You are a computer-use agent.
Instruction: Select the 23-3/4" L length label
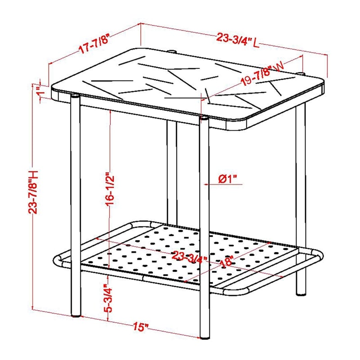click(x=238, y=40)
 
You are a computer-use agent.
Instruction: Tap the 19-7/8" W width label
click(x=262, y=73)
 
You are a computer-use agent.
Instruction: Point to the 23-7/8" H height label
click(x=33, y=192)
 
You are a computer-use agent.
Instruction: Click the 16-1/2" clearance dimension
click(x=110, y=190)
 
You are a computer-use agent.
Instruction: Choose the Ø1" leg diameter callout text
click(x=227, y=179)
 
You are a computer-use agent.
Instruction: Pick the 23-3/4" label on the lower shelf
click(x=189, y=256)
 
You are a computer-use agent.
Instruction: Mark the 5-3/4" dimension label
click(x=108, y=298)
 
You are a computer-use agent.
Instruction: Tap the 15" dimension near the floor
click(x=141, y=327)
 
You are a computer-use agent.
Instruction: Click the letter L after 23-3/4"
click(x=256, y=43)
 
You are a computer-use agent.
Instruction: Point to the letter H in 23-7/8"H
click(x=33, y=175)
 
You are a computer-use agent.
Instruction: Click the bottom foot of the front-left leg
click(x=76, y=316)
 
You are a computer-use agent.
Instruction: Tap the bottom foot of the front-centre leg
click(x=205, y=337)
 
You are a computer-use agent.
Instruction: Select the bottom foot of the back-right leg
click(x=301, y=294)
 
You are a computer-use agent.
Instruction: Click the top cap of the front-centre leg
click(x=204, y=118)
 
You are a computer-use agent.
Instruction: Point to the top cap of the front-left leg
click(x=75, y=96)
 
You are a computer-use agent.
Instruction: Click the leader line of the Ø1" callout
click(x=223, y=184)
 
